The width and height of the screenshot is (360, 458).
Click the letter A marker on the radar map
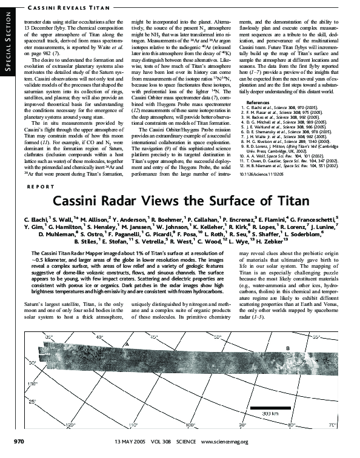pyautogui.click(x=125, y=343)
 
